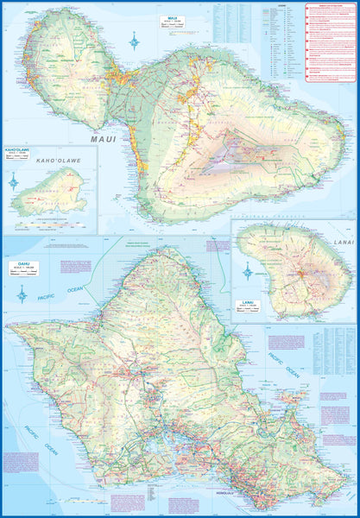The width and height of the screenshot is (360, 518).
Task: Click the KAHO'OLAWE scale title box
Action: click(20, 153)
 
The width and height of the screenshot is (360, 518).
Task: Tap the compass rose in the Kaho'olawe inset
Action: click(14, 181)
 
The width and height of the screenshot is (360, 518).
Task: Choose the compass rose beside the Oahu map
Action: click(22, 296)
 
